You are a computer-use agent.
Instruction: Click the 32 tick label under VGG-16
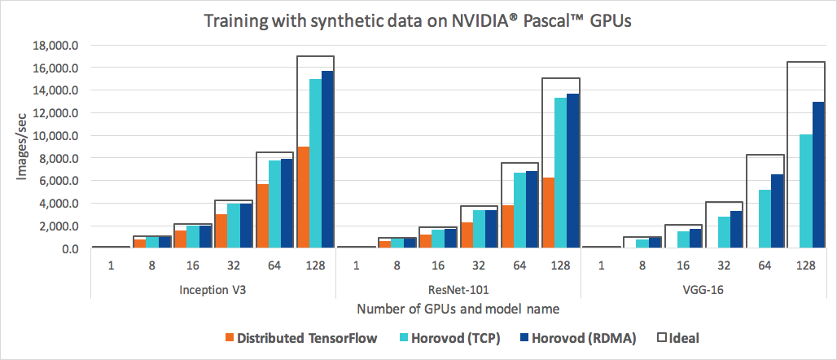coord(723,266)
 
